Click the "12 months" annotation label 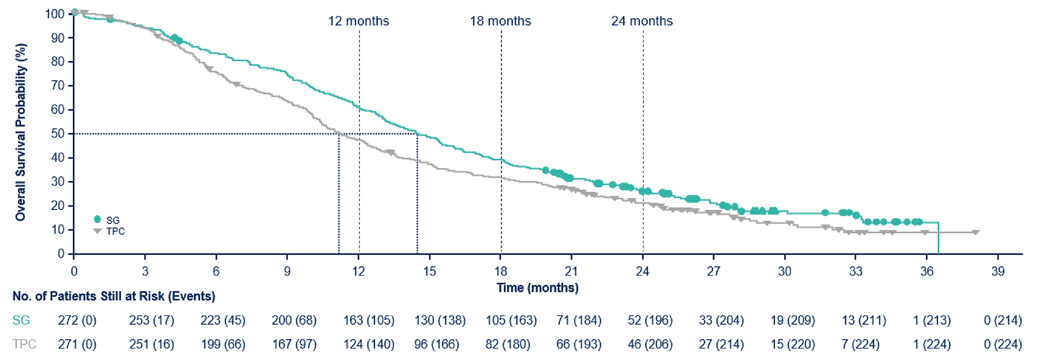[358, 21]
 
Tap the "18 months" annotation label [500, 21]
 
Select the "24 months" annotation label [642, 21]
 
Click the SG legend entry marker [98, 220]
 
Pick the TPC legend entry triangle [98, 231]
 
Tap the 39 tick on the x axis [998, 272]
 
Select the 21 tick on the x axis [571, 272]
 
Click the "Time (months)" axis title [537, 288]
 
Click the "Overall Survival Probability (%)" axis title [20, 132]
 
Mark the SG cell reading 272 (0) [77, 320]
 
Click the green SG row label [21, 320]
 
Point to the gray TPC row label [24, 344]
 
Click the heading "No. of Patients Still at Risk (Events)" [114, 296]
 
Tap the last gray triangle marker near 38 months [975, 232]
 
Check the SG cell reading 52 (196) [650, 320]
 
